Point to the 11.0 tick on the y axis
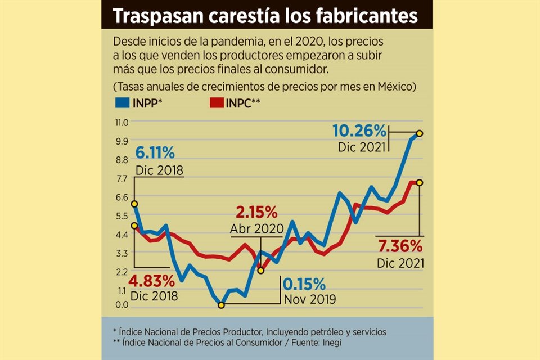(x=121, y=122)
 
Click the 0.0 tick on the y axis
(x=121, y=305)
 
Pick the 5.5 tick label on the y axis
(x=121, y=215)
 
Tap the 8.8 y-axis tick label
(x=121, y=159)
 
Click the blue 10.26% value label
(x=359, y=131)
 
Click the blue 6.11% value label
(x=155, y=152)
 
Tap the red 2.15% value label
(x=257, y=213)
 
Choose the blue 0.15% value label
(x=304, y=283)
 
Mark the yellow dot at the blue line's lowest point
(x=221, y=305)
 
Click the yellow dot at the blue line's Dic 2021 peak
(x=420, y=133)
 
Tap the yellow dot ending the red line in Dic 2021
(x=420, y=182)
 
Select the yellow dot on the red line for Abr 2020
(x=260, y=271)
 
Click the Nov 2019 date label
(x=310, y=299)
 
